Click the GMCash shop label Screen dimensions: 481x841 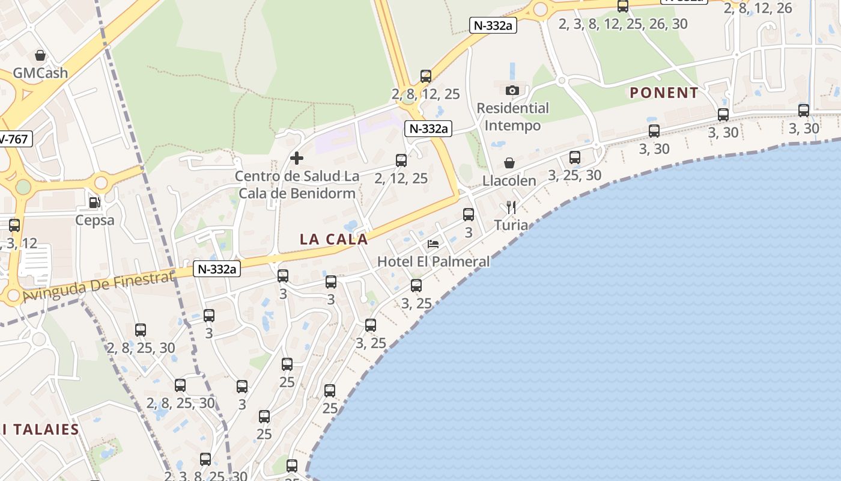pos(40,73)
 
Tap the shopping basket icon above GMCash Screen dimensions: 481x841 pos(40,56)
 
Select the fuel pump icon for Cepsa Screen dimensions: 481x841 pos(94,203)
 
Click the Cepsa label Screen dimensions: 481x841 pos(94,220)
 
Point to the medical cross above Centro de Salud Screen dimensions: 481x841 pos(297,158)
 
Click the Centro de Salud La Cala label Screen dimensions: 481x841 pos(297,185)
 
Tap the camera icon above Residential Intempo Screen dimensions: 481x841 pos(512,90)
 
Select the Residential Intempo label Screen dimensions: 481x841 pos(512,117)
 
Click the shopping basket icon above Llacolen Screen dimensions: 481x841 pos(509,163)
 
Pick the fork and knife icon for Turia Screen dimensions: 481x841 pos(511,207)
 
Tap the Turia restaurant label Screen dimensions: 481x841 pos(511,225)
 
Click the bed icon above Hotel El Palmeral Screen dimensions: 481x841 pos(433,244)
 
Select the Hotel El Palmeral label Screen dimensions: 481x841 pos(433,262)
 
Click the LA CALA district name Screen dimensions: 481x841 pos(333,239)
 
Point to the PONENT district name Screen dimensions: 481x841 pos(664,93)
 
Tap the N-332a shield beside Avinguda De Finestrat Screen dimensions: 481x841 pos(217,269)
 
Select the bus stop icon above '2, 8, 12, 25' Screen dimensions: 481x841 pos(426,76)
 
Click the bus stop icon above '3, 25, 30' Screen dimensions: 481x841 pos(575,158)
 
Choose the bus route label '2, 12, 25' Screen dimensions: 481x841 pos(401,178)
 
